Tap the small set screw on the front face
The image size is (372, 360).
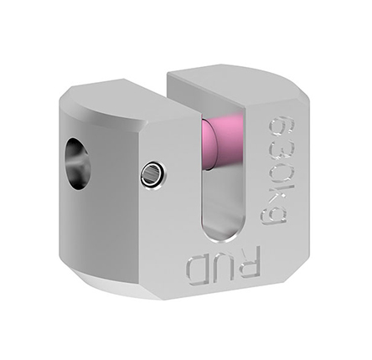(x=153, y=173)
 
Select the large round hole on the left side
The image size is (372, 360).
(x=78, y=163)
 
